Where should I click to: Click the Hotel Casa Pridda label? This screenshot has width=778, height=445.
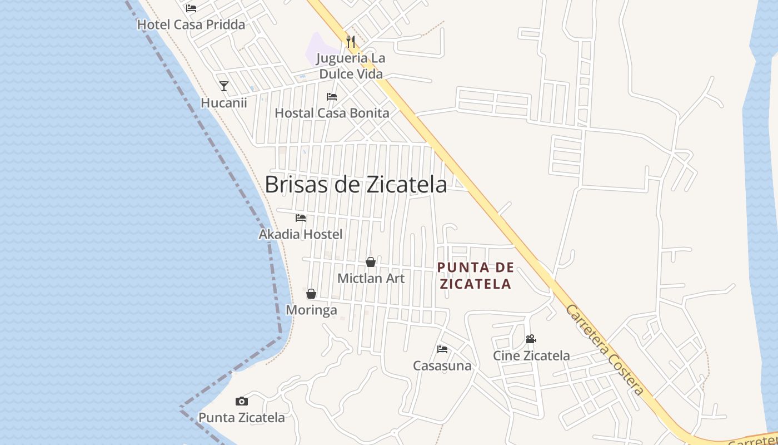coord(191,25)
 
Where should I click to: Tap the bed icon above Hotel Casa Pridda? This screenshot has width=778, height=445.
coord(191,8)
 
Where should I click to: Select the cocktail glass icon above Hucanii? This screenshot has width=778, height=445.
coord(224,86)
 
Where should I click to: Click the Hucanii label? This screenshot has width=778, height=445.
coord(223,103)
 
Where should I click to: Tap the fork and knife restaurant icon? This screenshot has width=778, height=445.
coord(350,41)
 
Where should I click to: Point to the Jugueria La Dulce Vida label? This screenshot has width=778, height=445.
coord(351,66)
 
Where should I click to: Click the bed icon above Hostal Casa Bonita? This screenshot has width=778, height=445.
coord(332,97)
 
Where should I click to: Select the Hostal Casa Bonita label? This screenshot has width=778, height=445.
coord(332,113)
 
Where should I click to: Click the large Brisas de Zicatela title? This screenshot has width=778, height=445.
coord(356,185)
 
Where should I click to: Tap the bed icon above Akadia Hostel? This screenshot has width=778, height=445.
coord(301,218)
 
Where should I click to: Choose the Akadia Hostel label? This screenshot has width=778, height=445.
coord(301,234)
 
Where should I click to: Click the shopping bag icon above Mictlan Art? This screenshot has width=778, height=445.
coord(371,262)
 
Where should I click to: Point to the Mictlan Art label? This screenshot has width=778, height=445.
coord(371,278)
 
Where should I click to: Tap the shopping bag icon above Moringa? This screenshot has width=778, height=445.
coord(311,294)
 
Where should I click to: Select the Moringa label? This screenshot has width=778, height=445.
coord(311,310)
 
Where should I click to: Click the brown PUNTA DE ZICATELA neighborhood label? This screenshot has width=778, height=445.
coord(475,276)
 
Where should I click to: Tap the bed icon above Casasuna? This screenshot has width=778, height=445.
coord(442,349)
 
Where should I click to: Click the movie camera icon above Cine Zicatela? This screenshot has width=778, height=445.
coord(531,339)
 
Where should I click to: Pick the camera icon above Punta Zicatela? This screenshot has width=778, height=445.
coord(242,401)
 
